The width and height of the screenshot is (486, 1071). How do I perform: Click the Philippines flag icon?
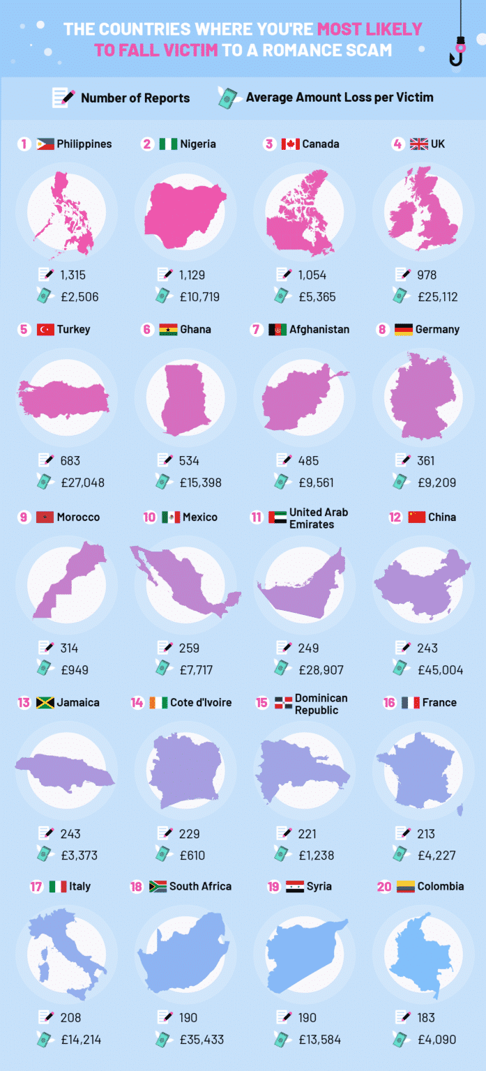45,144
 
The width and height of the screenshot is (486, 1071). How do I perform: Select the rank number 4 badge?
397,144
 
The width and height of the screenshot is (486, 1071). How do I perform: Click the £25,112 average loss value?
438,297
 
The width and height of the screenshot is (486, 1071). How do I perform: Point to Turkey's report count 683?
70,460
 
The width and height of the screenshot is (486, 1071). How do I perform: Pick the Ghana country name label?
195,329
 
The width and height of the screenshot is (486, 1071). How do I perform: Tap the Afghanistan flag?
278,329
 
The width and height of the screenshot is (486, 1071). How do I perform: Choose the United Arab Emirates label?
318,518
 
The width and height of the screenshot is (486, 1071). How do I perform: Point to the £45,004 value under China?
440,670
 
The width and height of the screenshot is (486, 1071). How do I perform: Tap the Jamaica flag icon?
45,702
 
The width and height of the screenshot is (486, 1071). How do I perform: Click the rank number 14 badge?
137,702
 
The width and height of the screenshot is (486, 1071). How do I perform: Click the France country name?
439,702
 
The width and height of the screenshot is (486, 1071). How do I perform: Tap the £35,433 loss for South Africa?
202,1040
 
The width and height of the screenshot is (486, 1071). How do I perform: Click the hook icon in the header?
459,49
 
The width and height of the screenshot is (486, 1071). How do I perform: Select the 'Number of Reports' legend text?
135,98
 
